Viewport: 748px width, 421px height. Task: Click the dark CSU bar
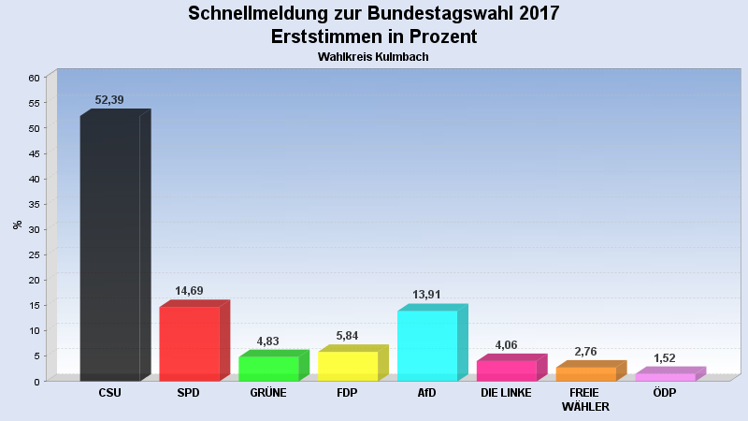click(110, 248)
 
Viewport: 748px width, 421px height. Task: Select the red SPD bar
click(190, 343)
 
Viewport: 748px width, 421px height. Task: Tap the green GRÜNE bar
click(269, 369)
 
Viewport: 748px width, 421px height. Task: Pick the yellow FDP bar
click(348, 366)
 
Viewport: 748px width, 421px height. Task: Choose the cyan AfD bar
click(427, 345)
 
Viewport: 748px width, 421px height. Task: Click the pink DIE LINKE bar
click(507, 370)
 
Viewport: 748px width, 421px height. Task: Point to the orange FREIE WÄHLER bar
click(586, 374)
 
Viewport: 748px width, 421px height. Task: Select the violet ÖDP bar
click(666, 377)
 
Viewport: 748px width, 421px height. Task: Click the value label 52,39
click(109, 100)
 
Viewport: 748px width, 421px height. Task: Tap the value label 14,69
click(189, 291)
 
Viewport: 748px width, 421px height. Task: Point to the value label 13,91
click(426, 295)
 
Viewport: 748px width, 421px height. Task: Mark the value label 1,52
click(665, 357)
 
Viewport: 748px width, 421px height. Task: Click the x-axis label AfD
click(426, 393)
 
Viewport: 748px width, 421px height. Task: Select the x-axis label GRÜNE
click(268, 393)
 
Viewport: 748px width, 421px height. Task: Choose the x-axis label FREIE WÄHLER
click(585, 399)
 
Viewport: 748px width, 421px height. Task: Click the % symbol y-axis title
click(17, 225)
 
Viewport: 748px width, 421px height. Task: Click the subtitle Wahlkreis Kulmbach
click(373, 57)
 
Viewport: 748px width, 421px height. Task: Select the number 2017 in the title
click(534, 13)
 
